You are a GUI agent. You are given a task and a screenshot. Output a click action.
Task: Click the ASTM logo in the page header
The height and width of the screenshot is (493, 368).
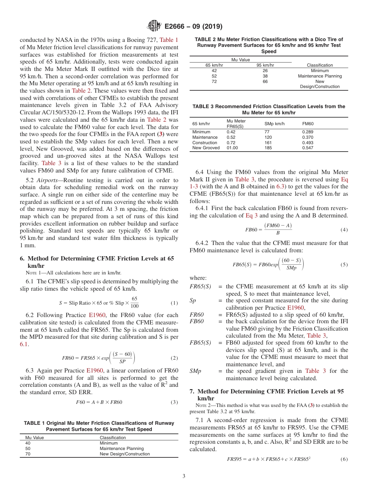click(x=155, y=26)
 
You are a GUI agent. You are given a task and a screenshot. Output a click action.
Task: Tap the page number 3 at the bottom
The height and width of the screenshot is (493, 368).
click(x=184, y=476)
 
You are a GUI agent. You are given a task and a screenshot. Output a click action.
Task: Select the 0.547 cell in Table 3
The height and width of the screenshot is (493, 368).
click(x=308, y=148)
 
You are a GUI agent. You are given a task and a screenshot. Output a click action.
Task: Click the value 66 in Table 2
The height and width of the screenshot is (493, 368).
click(x=265, y=81)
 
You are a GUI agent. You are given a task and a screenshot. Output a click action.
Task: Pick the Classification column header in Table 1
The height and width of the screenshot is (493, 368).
click(x=113, y=438)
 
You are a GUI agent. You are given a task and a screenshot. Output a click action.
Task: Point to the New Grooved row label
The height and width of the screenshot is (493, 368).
click(x=206, y=148)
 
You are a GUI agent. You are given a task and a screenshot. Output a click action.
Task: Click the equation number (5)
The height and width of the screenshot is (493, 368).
click(x=344, y=265)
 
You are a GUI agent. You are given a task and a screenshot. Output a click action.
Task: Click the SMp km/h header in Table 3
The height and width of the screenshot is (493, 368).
click(x=274, y=124)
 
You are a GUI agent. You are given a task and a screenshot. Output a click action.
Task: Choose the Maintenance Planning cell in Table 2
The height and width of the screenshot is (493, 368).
click(x=320, y=76)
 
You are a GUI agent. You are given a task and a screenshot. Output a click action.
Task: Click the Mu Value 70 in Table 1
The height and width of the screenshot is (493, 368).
click(x=28, y=454)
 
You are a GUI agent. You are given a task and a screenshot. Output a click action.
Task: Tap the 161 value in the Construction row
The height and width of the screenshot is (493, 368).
click(x=268, y=143)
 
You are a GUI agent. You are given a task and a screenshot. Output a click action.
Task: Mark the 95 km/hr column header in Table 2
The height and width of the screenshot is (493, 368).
click(x=265, y=65)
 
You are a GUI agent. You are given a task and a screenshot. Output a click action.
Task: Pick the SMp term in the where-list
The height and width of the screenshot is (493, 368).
click(x=195, y=371)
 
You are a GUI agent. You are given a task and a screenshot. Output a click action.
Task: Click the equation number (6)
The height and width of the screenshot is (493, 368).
click(x=344, y=459)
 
